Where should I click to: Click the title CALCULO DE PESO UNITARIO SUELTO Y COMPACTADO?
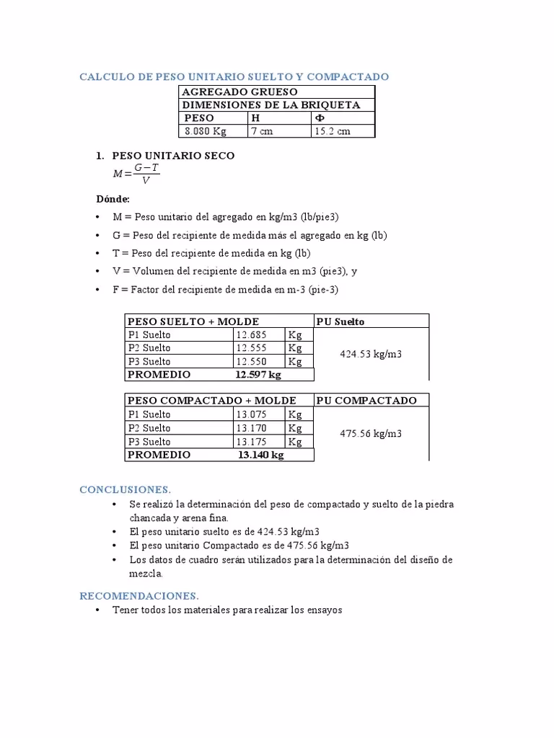point(234,76)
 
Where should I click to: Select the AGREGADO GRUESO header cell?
point(239,92)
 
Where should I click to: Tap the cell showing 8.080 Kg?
point(206,131)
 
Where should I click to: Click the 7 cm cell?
point(262,131)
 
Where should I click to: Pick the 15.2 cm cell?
point(332,131)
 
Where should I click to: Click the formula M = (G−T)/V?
point(137,174)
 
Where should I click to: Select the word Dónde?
point(113,199)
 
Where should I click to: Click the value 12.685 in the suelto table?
point(252,335)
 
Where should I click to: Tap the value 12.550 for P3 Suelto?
point(252,362)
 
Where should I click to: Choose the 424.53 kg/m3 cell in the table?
point(371,355)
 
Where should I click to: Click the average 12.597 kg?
point(258,375)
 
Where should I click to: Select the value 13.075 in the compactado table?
point(252,414)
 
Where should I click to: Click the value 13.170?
point(252,428)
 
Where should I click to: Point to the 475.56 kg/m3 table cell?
point(371,434)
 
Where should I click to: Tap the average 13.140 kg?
point(260,455)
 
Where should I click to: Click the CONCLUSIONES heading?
point(125,490)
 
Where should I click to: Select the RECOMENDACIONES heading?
point(138,596)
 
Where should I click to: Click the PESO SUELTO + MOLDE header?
point(193,321)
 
